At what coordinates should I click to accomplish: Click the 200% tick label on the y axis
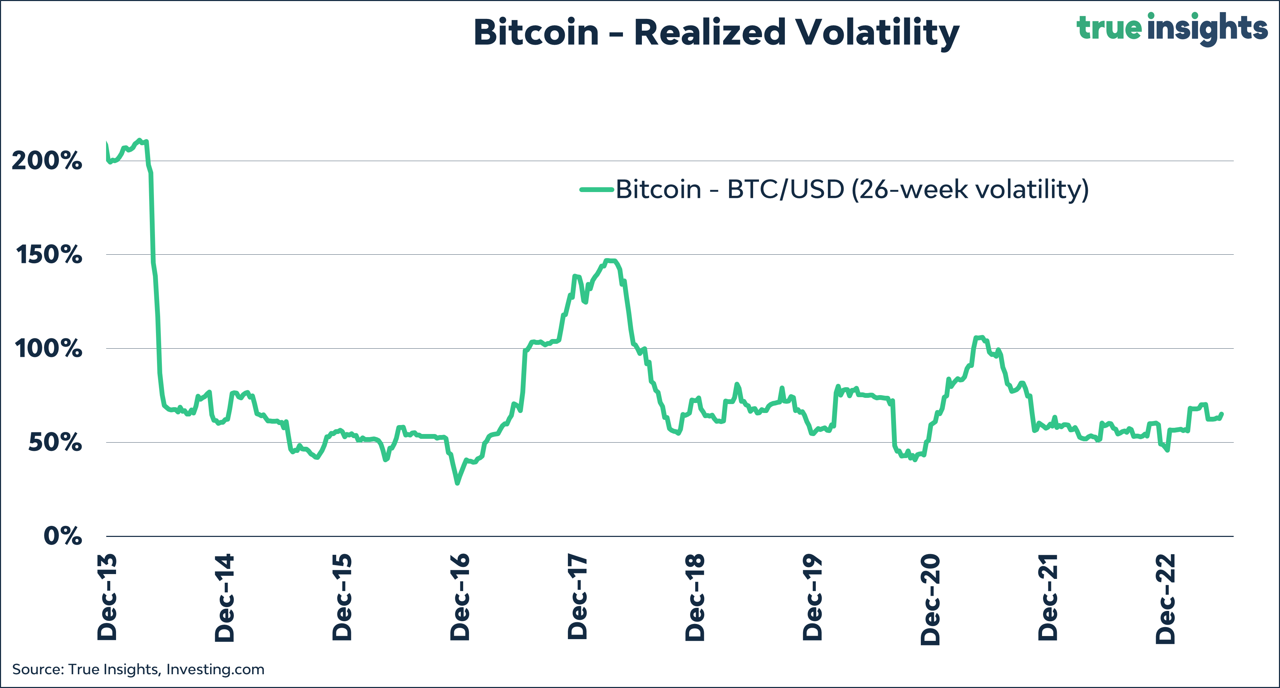(47, 161)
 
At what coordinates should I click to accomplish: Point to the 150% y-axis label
(49, 255)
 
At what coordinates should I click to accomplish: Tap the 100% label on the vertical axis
(48, 349)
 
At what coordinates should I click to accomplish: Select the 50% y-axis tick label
(55, 442)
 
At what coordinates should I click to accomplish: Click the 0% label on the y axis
(63, 536)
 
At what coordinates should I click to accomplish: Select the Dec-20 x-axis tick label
(930, 599)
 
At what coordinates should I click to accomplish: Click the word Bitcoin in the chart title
(536, 33)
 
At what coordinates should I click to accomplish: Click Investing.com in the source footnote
(215, 670)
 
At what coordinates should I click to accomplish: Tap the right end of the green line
(1222, 413)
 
